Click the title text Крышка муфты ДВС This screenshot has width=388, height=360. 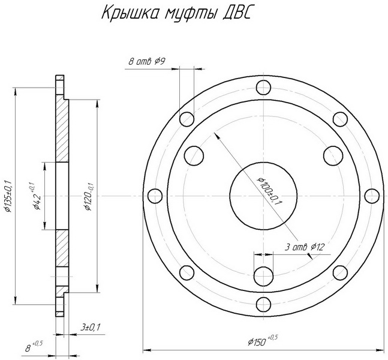pyautogui.click(x=176, y=13)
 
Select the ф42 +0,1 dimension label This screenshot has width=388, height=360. pyautogui.click(x=35, y=196)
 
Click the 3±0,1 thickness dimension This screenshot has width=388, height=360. pyautogui.click(x=90, y=328)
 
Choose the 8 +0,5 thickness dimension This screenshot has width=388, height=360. pyautogui.click(x=34, y=347)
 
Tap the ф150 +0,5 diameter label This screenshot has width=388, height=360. pyautogui.click(x=262, y=341)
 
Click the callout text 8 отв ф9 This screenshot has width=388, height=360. pyautogui.click(x=147, y=61)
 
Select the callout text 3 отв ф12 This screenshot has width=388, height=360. pyautogui.click(x=304, y=247)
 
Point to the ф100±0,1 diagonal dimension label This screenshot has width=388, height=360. pyautogui.click(x=270, y=191)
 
